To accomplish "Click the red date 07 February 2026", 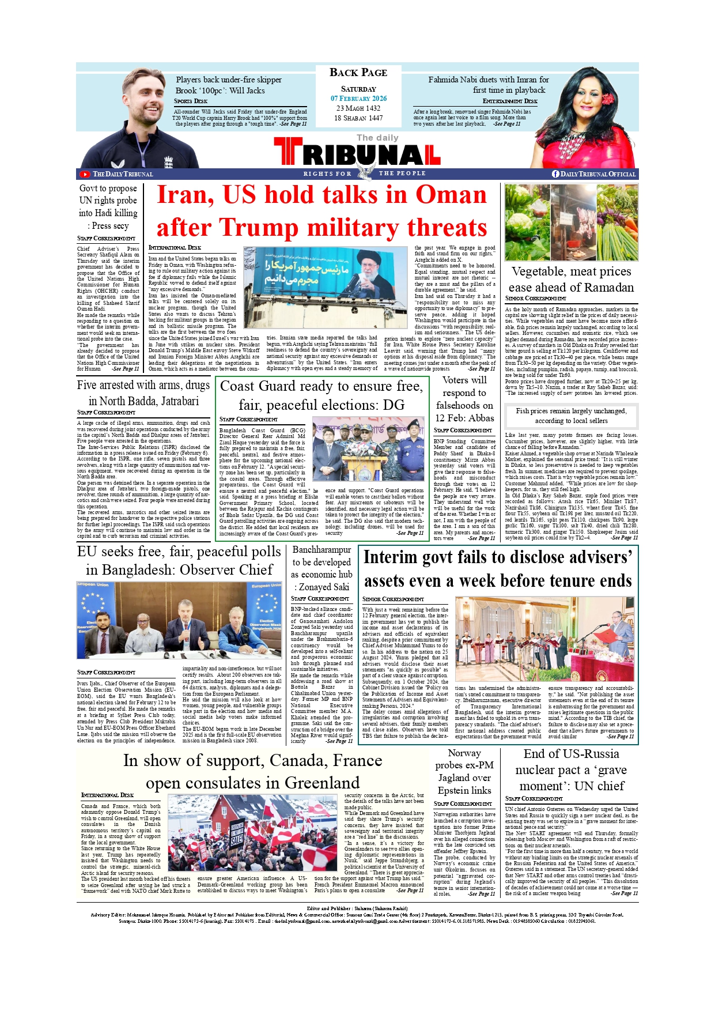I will click(358, 99).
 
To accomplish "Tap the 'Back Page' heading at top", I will click(358, 73).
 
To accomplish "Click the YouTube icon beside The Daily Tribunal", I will click(85, 174).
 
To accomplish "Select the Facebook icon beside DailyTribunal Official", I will click(555, 174).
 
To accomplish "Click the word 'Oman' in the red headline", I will click(451, 195).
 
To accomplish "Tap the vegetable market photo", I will click(571, 222).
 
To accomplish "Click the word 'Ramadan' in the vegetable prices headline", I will click(604, 288).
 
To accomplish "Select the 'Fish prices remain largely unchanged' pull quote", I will click(571, 416).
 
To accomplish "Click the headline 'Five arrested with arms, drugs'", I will click(143, 386).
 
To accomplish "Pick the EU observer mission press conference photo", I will click(179, 620).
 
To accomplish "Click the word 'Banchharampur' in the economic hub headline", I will click(321, 550).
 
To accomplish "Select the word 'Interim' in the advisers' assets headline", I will click(390, 558).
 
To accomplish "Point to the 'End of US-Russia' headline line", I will click(571, 754).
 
